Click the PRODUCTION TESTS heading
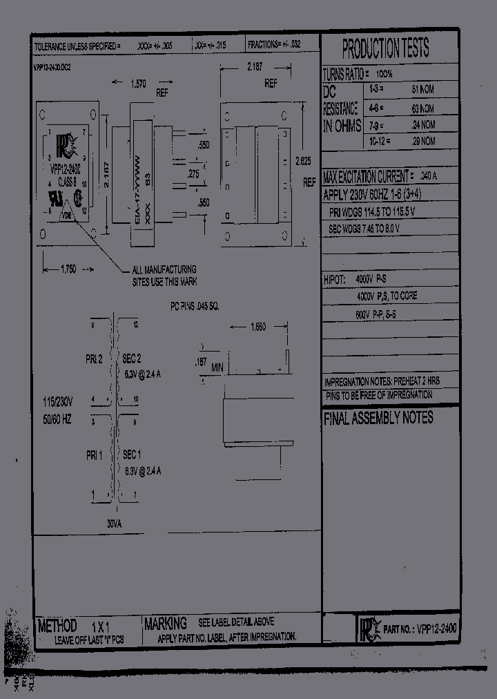point(386,49)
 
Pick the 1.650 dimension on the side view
point(257,327)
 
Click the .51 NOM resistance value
point(423,90)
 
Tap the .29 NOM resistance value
point(422,141)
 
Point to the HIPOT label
point(337,280)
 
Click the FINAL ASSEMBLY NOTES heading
point(378,418)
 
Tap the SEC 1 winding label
point(132,455)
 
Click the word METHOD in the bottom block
point(57,626)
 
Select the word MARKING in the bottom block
point(166,624)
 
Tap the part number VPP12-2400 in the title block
point(438,629)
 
